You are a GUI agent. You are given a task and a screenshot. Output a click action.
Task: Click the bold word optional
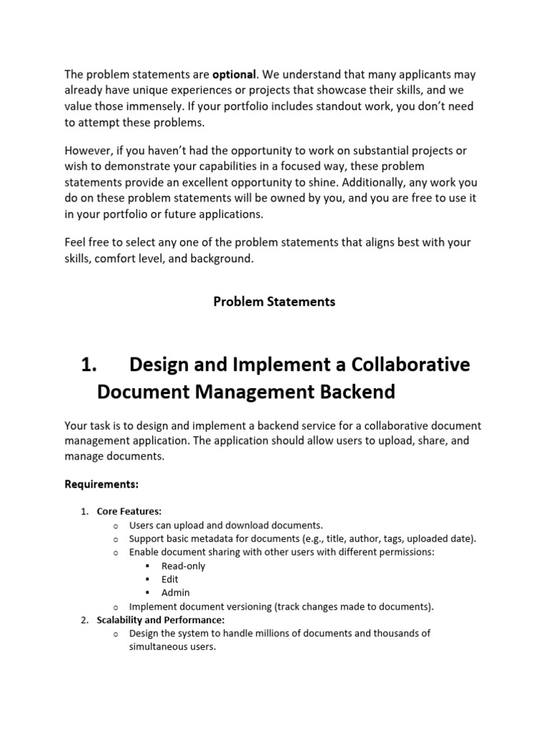click(234, 74)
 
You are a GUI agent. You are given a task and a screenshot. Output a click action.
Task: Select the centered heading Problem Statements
click(274, 302)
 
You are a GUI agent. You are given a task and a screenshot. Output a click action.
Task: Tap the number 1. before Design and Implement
click(89, 365)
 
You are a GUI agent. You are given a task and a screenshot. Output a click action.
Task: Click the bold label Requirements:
click(102, 484)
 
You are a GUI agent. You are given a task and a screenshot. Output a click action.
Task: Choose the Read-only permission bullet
click(183, 565)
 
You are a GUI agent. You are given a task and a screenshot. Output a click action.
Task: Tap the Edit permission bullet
click(169, 579)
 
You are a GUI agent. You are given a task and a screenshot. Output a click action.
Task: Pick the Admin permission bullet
click(176, 593)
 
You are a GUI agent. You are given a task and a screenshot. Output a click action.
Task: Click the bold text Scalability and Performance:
click(161, 620)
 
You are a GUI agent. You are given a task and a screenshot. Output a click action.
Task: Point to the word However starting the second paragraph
click(88, 151)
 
